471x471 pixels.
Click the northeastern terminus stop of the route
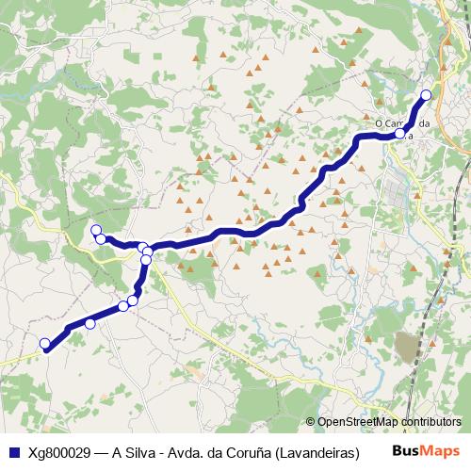426,94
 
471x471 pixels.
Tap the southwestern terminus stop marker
44,344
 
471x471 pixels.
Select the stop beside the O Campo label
400,134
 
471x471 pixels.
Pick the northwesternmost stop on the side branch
95,230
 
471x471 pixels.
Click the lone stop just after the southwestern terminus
90,323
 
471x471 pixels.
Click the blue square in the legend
13,452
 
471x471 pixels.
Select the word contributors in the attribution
431,422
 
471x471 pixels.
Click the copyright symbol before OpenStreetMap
311,422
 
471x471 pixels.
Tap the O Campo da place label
402,123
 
